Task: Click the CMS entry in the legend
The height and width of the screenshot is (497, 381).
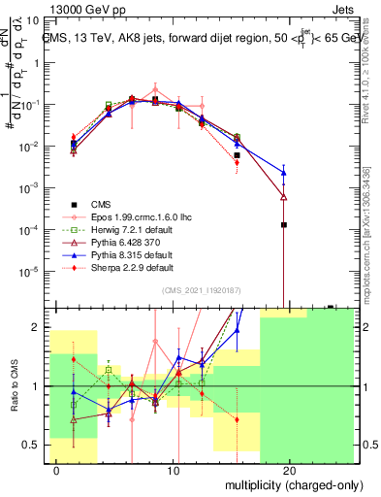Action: pos(101,204)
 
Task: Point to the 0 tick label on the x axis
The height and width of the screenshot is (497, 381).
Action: pos(58,470)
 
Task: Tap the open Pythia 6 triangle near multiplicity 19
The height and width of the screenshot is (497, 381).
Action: pos(283,196)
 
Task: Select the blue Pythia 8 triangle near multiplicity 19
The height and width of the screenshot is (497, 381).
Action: pos(283,173)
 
